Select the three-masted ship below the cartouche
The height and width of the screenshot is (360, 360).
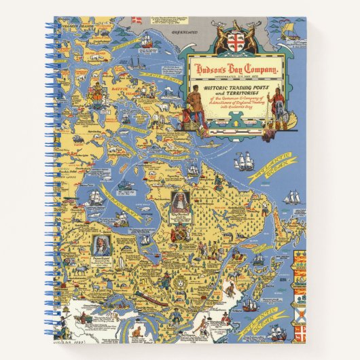pos(244,161)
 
